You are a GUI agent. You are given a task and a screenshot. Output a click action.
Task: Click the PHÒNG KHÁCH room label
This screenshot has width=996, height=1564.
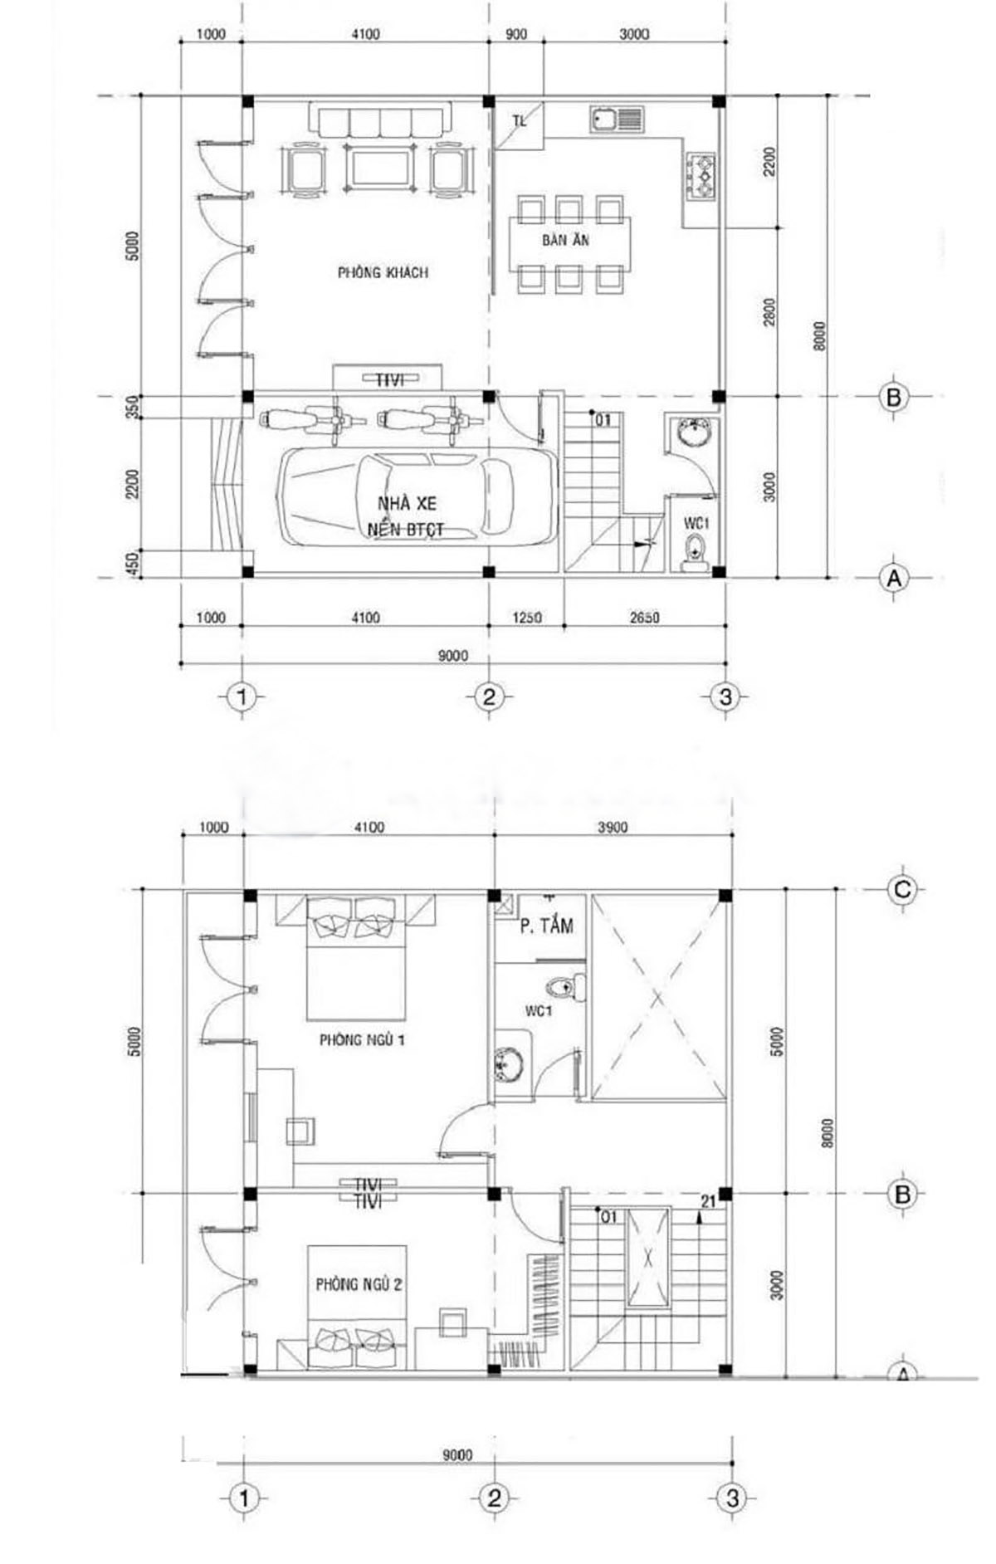coord(383,272)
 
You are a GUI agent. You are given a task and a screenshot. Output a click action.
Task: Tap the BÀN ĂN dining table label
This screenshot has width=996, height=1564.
coord(566,240)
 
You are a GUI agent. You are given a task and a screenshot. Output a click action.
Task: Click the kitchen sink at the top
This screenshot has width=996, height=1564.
coord(617,120)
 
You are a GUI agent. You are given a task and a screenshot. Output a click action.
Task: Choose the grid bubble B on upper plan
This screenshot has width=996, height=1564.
coord(893,397)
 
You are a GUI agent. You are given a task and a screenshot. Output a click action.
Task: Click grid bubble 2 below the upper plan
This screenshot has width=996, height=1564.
coord(488,696)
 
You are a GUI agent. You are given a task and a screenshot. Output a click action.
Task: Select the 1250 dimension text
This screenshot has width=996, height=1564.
coord(527,618)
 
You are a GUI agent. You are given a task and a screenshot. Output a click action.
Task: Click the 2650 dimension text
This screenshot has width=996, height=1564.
coord(645,618)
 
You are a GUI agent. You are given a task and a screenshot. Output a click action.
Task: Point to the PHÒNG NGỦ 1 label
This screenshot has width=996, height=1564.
coord(363,1039)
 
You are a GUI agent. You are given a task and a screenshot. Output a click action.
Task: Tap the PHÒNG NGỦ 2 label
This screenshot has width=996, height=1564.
coord(359,1284)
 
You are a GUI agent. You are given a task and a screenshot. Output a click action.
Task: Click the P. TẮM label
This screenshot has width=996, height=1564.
coord(546,926)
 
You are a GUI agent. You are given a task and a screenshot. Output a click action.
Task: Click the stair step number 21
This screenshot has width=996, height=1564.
coord(708,1201)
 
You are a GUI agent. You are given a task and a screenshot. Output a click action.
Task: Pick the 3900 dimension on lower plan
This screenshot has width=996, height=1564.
coord(613,828)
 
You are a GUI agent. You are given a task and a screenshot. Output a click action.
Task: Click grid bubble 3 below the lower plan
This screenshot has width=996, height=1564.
coord(732,1498)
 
